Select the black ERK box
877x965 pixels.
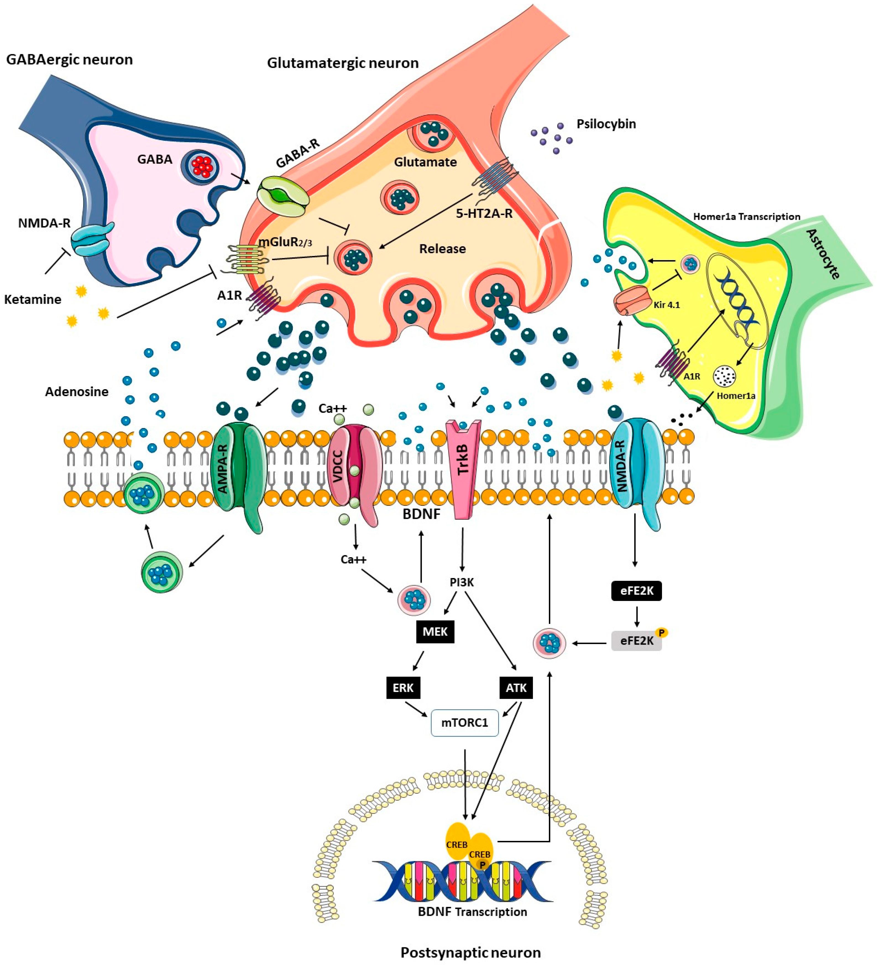[403, 688]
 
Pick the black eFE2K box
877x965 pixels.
[636, 591]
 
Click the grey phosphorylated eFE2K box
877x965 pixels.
[636, 640]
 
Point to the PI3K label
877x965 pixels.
[462, 582]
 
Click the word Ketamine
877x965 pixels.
[33, 300]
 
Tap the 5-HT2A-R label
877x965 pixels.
[484, 213]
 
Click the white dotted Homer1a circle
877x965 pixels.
[724, 376]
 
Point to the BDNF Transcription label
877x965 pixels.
[472, 912]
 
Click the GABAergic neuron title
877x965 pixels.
[69, 60]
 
